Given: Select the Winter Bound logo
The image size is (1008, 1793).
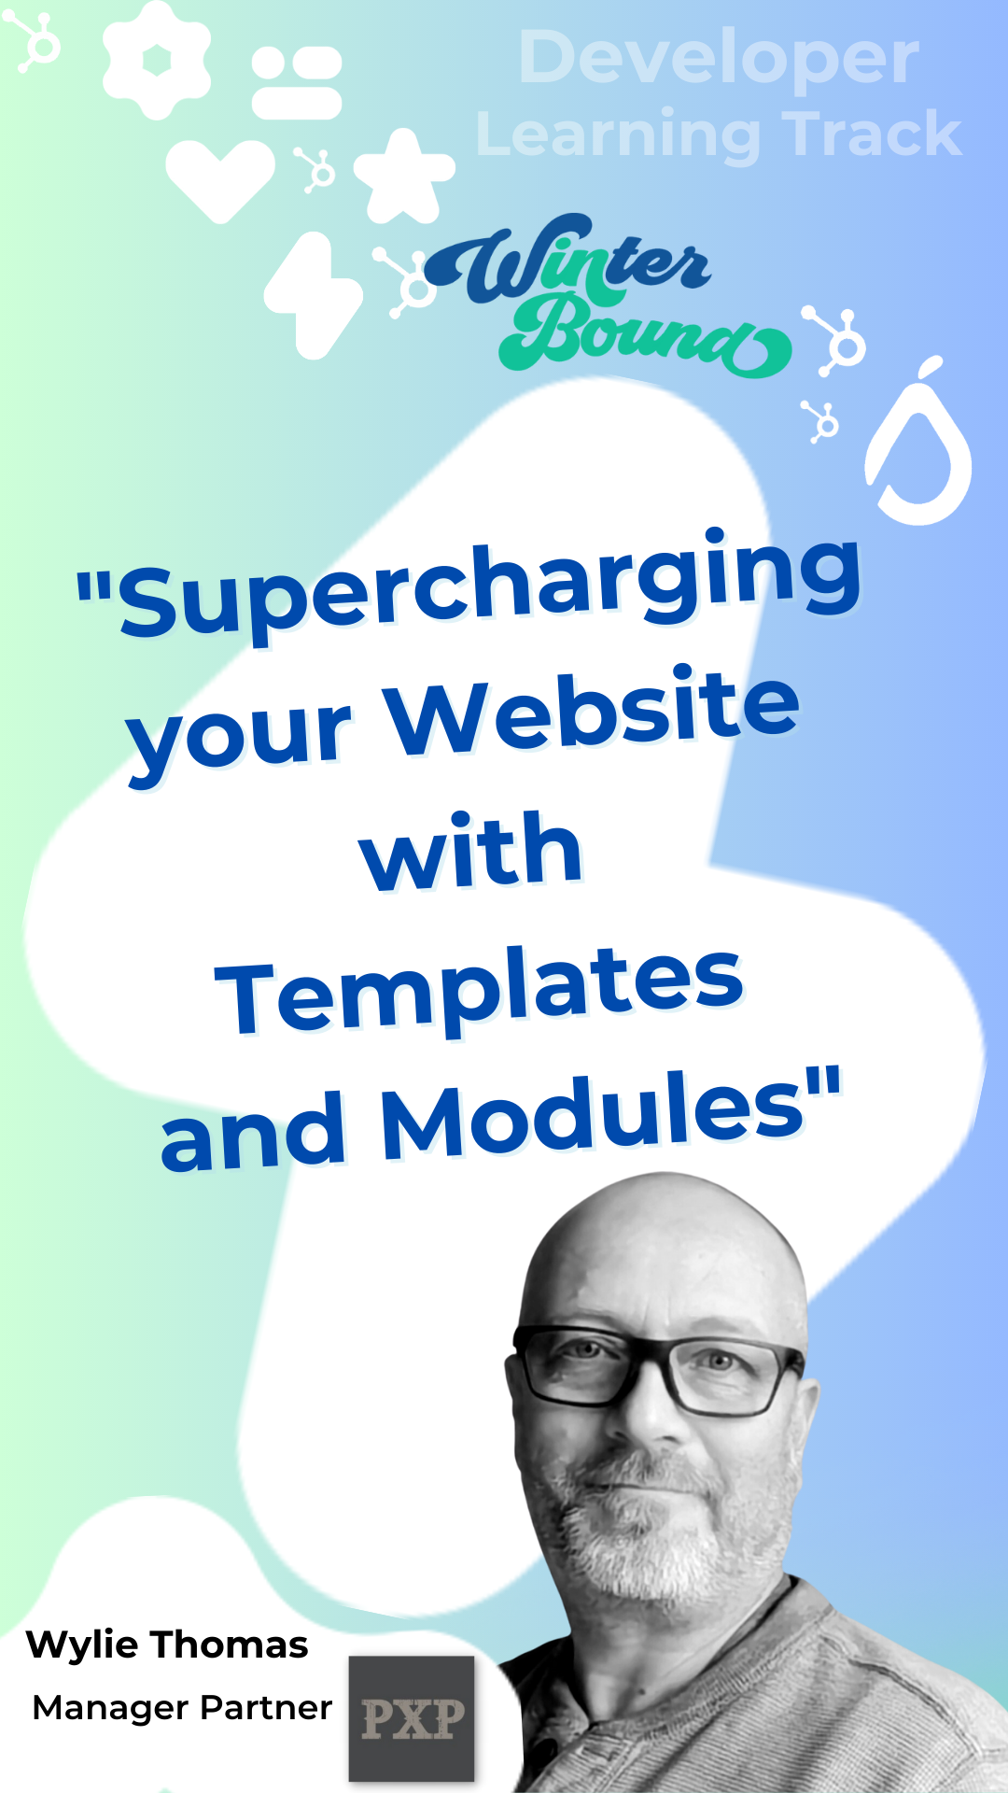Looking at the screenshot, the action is (607, 295).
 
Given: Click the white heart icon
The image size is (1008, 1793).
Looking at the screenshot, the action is (220, 180).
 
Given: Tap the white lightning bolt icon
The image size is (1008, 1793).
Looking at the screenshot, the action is (313, 295).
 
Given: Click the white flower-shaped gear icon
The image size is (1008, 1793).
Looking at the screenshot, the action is (157, 60).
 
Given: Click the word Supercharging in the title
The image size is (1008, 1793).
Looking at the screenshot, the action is (490, 585).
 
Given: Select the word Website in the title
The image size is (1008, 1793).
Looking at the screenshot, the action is (594, 710).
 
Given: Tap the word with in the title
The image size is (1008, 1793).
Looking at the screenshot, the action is (472, 850).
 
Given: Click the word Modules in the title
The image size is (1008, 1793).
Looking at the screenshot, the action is (594, 1116).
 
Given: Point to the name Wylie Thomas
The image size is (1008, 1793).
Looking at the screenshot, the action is (167, 1645).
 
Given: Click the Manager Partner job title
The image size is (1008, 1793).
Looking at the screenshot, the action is (182, 1708).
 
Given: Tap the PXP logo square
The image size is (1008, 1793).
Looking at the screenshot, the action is (412, 1718).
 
